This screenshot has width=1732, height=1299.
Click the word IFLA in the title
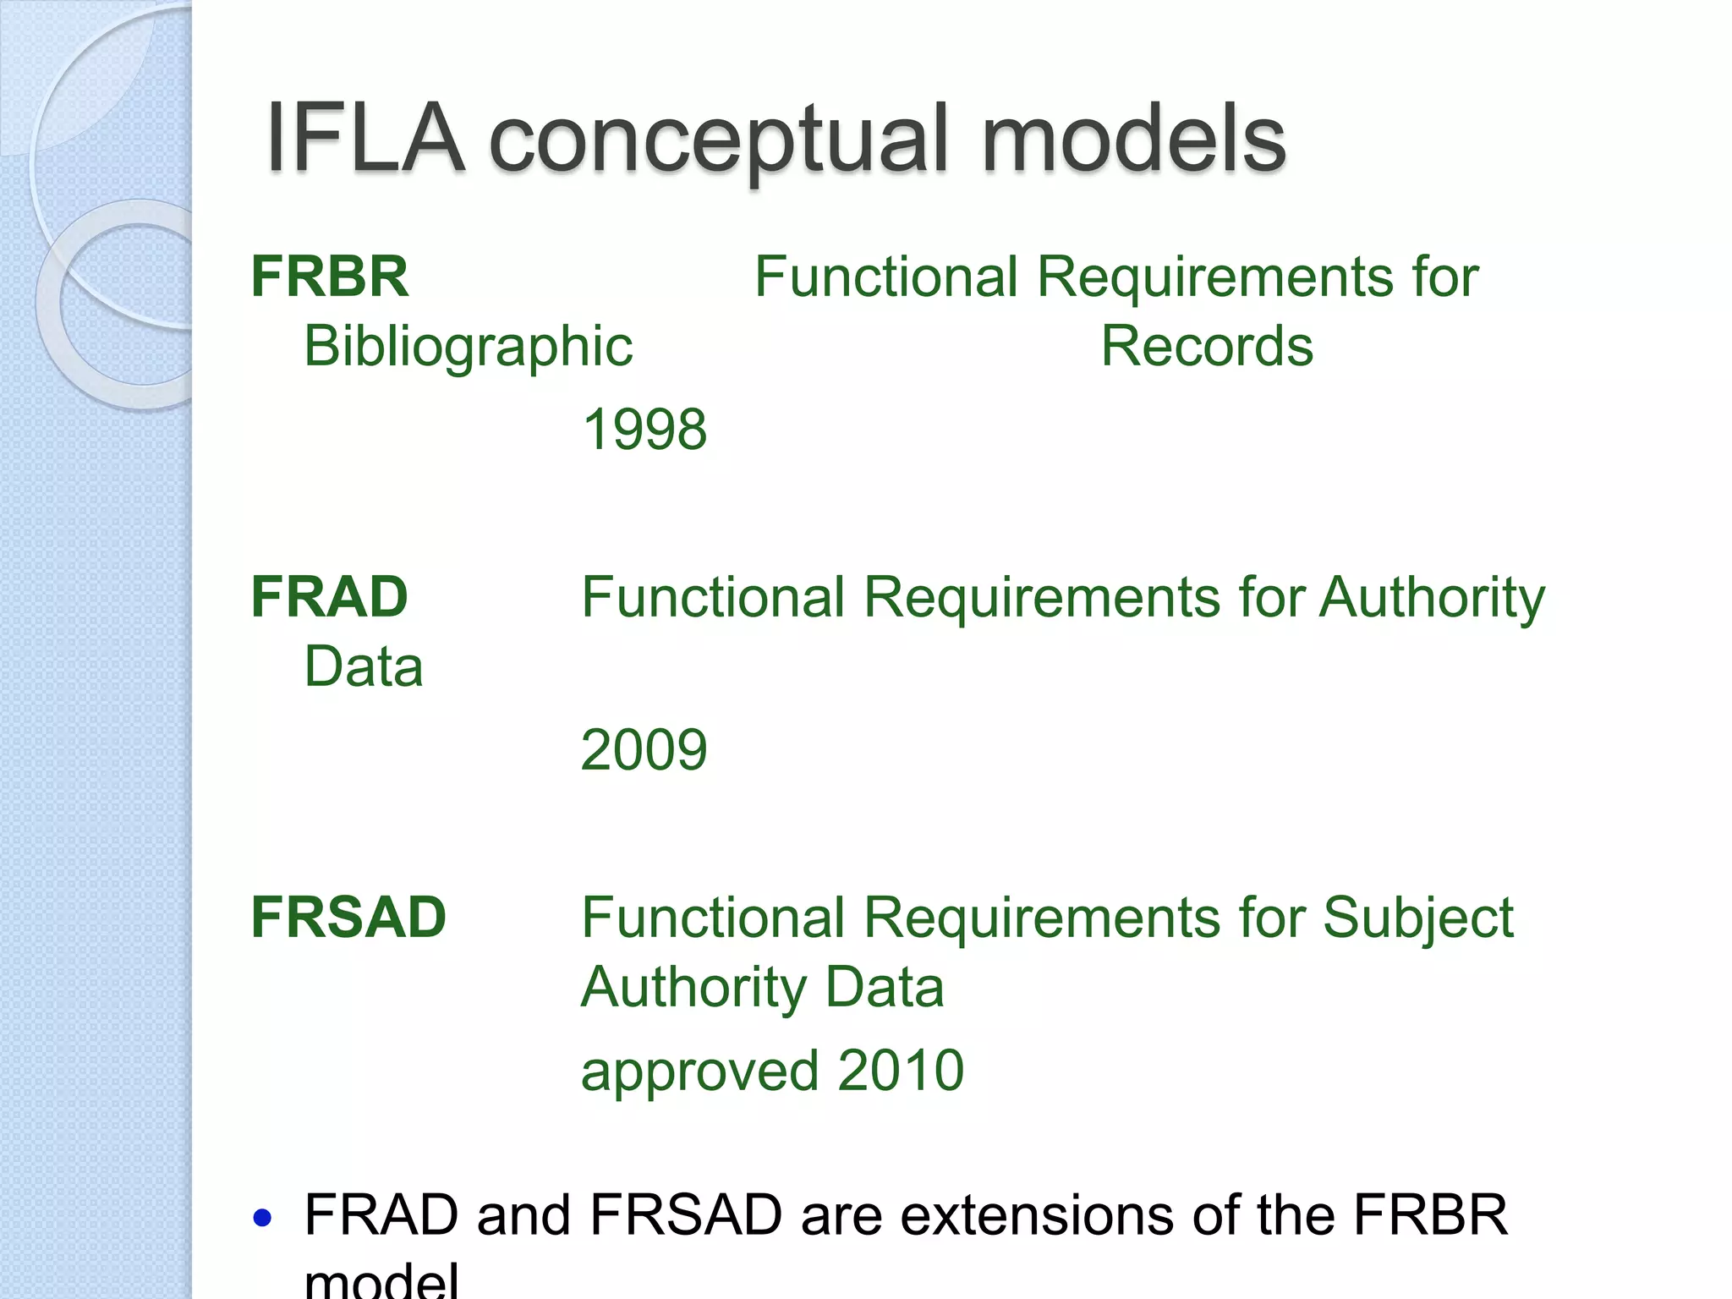(x=365, y=137)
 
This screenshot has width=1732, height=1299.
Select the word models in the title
(x=1133, y=137)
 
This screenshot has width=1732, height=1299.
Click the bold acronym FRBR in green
(x=330, y=277)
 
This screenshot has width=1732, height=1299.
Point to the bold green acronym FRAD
(x=330, y=597)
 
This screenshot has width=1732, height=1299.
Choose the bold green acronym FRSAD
(x=348, y=918)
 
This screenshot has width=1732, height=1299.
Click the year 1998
(x=644, y=430)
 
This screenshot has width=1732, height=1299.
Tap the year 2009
(x=644, y=750)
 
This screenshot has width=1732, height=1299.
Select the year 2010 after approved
(x=901, y=1071)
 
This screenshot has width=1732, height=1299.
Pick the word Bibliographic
(x=468, y=348)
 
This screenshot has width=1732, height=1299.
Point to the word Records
(x=1207, y=347)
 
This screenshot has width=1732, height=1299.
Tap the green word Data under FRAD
(x=364, y=667)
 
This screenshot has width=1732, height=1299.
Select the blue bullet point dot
(x=263, y=1218)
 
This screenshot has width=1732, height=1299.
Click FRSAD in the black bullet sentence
(x=686, y=1216)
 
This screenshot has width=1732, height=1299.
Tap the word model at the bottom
(x=381, y=1280)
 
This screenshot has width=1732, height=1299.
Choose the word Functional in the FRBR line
(x=886, y=277)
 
